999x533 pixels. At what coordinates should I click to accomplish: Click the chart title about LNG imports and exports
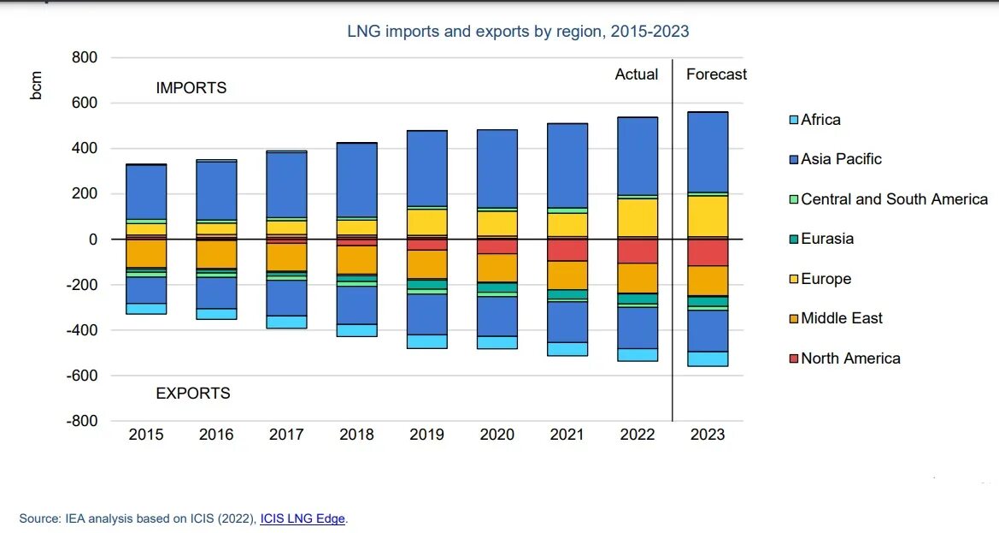[x=518, y=32]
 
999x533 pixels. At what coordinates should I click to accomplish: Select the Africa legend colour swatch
[x=792, y=120]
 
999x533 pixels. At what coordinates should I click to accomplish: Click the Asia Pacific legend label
[x=841, y=159]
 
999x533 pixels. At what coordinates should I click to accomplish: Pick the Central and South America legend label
[x=894, y=199]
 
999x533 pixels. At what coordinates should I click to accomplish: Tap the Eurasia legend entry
[x=827, y=239]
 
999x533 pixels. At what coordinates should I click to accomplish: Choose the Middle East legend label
[x=842, y=318]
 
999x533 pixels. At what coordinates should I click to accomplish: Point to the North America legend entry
[x=850, y=358]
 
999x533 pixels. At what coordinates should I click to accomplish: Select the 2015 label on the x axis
[x=146, y=435]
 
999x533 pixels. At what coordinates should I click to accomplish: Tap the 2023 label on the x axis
[x=708, y=435]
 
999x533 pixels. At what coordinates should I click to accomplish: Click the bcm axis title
[x=36, y=86]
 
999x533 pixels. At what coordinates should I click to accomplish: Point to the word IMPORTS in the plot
[x=191, y=88]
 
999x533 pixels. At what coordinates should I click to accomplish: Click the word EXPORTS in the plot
[x=193, y=394]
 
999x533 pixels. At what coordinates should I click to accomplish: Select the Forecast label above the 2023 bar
[x=716, y=74]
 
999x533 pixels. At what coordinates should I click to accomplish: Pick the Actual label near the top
[x=637, y=74]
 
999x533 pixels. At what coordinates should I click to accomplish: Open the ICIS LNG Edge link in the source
[x=303, y=518]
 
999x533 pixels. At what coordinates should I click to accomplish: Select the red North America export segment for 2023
[x=708, y=252]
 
